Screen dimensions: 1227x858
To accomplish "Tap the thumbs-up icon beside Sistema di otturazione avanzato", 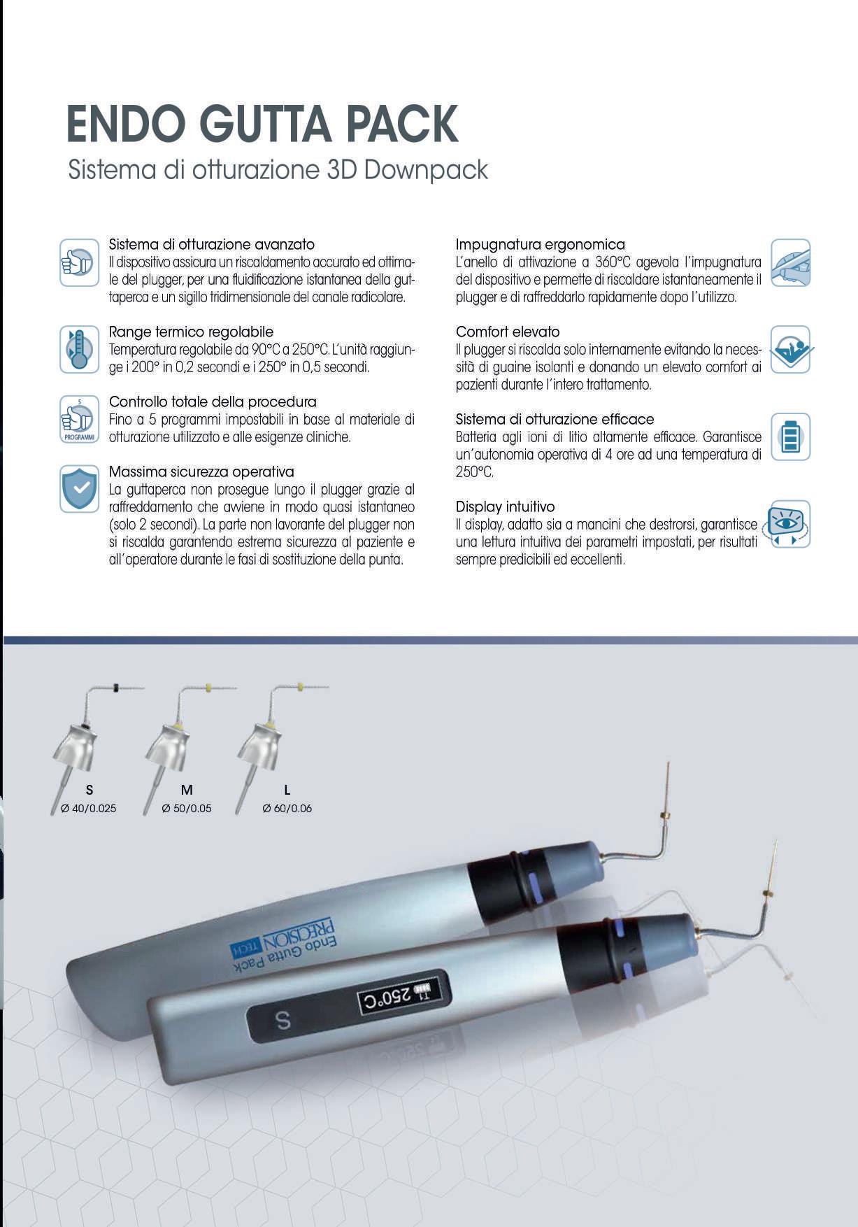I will pos(79,262).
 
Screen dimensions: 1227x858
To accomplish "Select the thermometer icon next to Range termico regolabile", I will pos(79,349).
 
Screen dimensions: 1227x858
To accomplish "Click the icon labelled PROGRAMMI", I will pos(79,419).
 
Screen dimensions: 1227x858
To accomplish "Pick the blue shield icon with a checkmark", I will pos(79,488).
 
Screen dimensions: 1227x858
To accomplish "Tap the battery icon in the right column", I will pos(790,437).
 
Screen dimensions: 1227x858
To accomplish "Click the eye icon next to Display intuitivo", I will pos(790,523).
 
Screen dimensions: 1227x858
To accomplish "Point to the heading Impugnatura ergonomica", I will pos(540,244).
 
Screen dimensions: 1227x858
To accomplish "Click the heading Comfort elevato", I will pos(508,332).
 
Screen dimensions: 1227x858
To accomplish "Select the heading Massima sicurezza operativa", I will pos(201,471).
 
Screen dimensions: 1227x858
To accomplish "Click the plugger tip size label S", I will pos(90,790).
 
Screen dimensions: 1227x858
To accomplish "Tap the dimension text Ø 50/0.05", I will pos(186,808).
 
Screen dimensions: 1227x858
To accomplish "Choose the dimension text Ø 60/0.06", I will pos(287,808).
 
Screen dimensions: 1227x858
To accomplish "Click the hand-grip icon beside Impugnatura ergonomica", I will pos(790,262).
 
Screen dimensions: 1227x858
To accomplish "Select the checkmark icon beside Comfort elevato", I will pos(790,349).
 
